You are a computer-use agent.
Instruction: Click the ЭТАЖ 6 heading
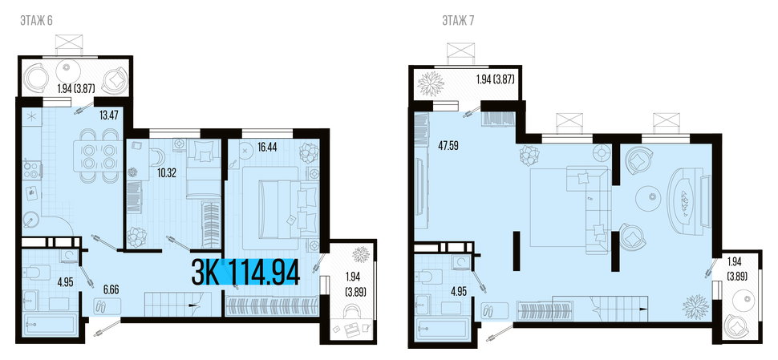[x=36, y=20]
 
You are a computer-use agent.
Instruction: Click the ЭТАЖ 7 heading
[x=458, y=20]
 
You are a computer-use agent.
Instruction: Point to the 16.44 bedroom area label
[x=268, y=147]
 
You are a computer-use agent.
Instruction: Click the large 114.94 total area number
[x=265, y=273]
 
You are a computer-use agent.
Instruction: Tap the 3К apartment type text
[x=205, y=273]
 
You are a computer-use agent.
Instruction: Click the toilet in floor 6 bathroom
[x=37, y=273]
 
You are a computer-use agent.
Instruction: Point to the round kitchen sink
[x=30, y=219]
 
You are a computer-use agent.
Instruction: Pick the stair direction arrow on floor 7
[x=642, y=309]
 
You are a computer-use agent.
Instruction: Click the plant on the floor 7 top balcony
[x=430, y=84]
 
